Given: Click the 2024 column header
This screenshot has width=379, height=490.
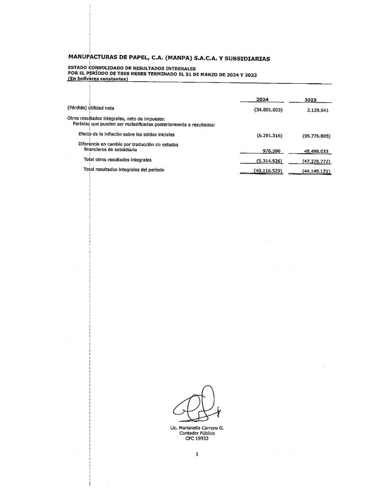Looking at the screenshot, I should pos(262,100).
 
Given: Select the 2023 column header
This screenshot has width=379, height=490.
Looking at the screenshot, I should pos(311,100).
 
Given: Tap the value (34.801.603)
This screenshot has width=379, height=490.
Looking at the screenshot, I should pos(269,110).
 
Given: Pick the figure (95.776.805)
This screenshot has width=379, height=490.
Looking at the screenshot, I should pos(317,135).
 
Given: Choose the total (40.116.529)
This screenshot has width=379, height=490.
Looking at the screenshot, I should pos(269,171).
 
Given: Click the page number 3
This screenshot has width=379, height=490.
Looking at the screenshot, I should pos(196,455).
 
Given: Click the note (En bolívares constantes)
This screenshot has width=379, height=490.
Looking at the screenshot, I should pos(98,79).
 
